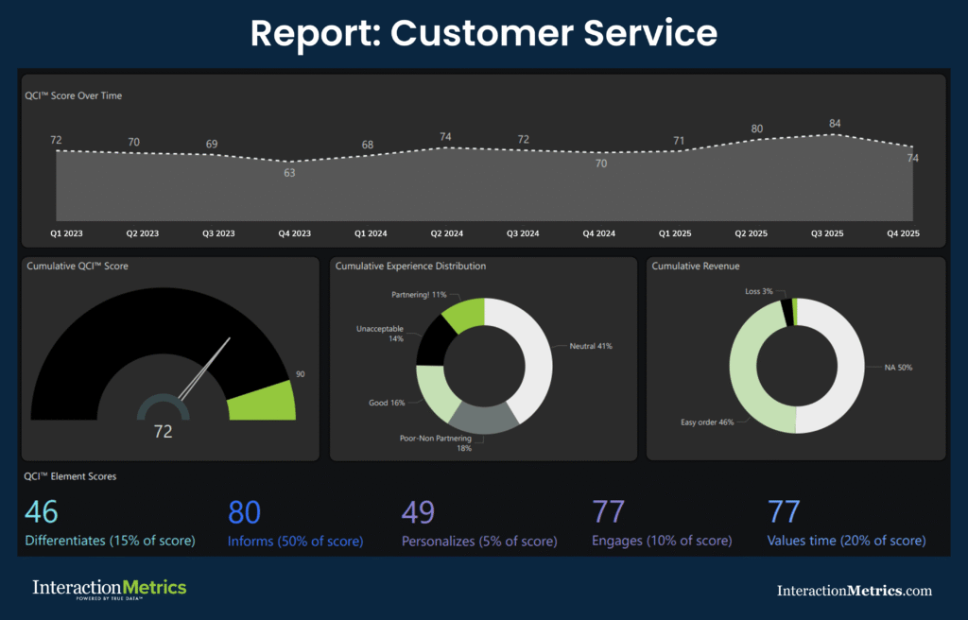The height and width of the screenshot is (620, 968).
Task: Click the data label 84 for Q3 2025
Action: pos(834,123)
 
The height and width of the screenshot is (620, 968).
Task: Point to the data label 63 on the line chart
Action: pos(289,172)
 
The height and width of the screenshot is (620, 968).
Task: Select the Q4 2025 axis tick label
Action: pos(903,233)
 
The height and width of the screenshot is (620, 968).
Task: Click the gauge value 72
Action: pos(164,431)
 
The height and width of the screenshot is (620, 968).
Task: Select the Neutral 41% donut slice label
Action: pos(591,347)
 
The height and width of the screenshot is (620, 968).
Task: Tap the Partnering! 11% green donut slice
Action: pos(464,316)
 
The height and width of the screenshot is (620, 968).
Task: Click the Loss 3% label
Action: pos(759,292)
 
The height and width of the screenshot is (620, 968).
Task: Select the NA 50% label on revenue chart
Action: pos(899,367)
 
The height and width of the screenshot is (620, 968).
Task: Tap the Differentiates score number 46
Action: pos(42,512)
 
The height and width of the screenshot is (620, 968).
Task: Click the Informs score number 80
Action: pos(244,512)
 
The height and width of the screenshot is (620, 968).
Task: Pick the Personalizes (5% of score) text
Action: pos(478,542)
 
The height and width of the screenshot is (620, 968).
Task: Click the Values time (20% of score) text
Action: pos(846,542)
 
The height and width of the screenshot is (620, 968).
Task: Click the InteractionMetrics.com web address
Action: pos(854,591)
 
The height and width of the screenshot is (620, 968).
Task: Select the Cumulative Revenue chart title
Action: pos(695,267)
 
